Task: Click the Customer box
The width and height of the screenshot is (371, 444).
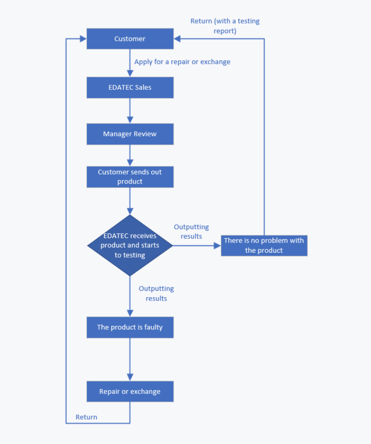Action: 130,39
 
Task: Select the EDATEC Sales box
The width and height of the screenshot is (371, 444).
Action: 130,87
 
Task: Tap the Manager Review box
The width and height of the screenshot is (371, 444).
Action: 130,134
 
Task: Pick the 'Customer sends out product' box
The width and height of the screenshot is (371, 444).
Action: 130,177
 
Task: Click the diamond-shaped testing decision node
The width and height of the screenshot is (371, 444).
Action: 130,245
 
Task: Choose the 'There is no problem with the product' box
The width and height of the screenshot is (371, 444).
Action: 264,245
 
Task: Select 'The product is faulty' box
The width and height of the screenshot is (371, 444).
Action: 130,327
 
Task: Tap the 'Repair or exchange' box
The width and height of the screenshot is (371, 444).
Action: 130,391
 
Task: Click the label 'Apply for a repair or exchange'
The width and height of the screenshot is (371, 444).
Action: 182,62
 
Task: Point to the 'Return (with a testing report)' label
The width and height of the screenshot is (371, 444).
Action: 225,26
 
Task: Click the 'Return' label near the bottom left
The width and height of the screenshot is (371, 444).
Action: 86,417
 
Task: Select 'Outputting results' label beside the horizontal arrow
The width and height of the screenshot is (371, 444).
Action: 191,232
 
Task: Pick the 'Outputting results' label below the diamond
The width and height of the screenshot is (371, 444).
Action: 156,293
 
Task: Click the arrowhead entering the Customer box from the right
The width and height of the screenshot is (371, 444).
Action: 177,39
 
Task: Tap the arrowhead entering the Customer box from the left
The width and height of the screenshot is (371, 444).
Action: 83,39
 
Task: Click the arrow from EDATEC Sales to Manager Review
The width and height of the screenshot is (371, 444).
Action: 130,111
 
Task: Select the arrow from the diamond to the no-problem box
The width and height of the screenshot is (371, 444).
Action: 197,245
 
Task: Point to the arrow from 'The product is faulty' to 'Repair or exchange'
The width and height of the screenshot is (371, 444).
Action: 130,360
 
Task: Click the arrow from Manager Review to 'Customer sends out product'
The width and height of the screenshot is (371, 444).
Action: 130,156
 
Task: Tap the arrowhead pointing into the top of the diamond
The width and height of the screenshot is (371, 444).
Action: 130,211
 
